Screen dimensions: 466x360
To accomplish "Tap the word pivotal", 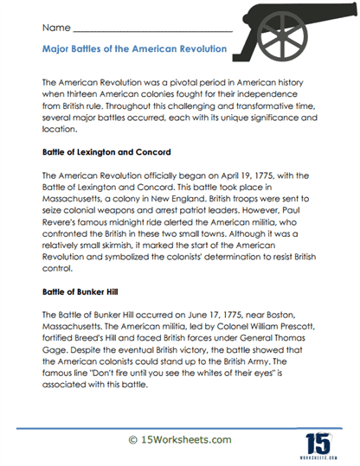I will pos(171,80).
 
